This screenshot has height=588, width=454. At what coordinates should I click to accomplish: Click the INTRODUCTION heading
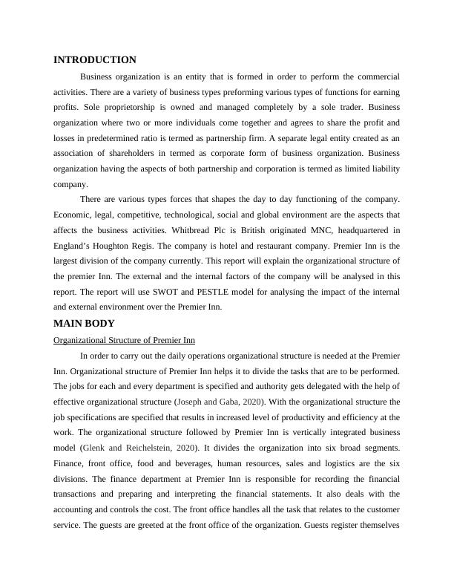click(95, 60)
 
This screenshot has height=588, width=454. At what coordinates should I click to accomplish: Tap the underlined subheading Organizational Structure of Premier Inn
click(125, 340)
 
